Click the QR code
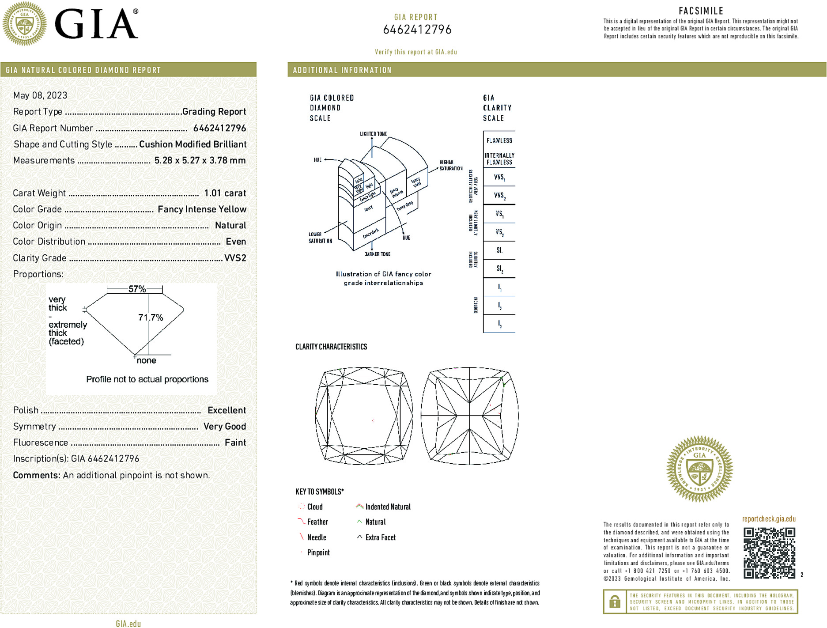(769, 552)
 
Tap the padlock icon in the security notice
(614, 602)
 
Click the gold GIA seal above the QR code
(699, 469)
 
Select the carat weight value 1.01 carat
(225, 193)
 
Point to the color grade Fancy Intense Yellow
(202, 209)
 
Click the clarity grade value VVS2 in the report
(235, 258)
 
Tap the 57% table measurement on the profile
(137, 289)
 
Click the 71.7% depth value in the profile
(151, 318)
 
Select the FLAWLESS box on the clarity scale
(499, 140)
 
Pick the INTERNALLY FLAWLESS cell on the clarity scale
(499, 159)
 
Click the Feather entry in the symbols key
(317, 522)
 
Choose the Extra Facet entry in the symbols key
(380, 537)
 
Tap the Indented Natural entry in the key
(388, 507)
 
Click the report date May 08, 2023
(40, 95)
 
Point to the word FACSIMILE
(701, 11)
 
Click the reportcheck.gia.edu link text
(769, 519)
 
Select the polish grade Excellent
(227, 410)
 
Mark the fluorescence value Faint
(235, 443)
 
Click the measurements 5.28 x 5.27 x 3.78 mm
(200, 160)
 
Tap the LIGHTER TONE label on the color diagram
(373, 134)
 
